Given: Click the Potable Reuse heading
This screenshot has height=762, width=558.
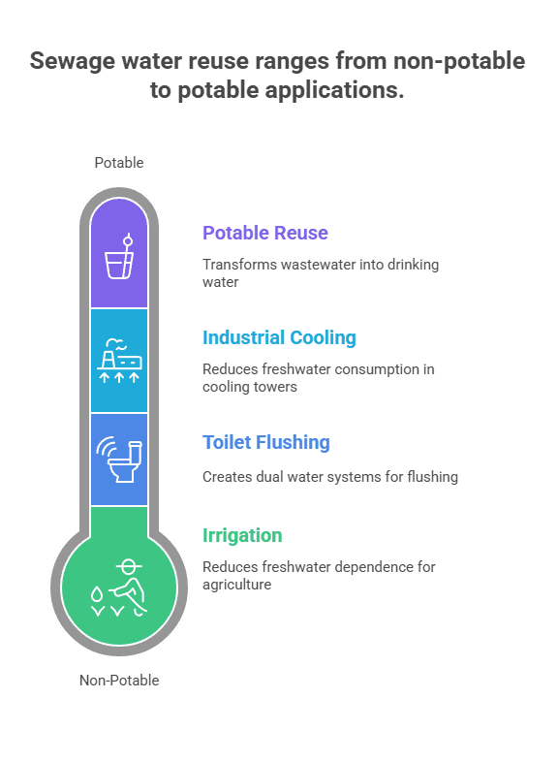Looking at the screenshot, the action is point(265,233).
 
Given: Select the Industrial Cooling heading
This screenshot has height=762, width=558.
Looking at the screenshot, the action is point(279,337).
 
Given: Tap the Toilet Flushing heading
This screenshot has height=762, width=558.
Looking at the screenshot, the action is point(266,443).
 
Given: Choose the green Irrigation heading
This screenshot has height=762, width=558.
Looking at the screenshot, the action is point(242,535).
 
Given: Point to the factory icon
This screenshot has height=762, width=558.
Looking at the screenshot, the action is point(119,360).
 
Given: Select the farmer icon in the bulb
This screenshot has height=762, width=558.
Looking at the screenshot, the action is point(119,588).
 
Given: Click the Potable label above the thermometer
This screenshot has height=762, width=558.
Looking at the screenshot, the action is point(119,163).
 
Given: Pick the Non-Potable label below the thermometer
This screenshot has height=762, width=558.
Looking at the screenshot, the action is point(119,681).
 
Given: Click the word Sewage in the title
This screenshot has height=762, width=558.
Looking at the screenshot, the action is point(73,62).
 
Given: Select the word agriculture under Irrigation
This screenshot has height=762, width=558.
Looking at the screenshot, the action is point(237,585).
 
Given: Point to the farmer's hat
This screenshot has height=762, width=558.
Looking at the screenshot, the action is point(129,565).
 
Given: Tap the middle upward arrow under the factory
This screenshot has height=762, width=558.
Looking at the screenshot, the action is point(119,377).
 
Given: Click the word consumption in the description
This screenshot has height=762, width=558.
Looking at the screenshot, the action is point(377,370).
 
